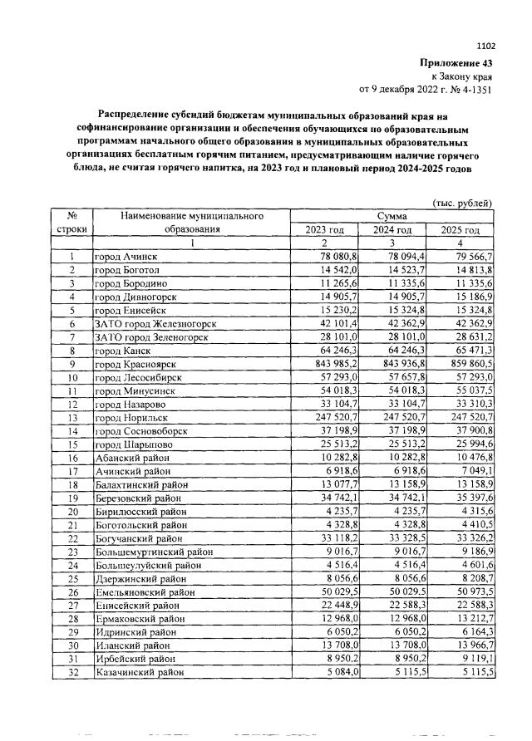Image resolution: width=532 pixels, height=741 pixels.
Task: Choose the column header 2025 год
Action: (x=461, y=230)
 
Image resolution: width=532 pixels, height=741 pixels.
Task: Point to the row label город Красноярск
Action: (x=132, y=364)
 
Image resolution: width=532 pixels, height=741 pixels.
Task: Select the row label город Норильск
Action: (x=129, y=417)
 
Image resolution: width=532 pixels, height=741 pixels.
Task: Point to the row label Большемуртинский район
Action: (x=148, y=551)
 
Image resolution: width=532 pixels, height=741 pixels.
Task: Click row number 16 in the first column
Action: (x=72, y=457)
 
